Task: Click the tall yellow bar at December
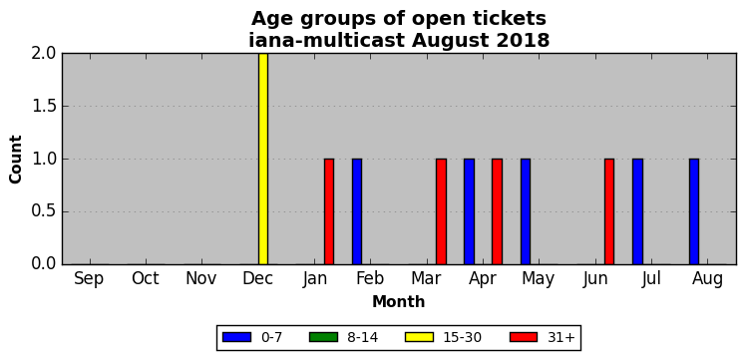263,159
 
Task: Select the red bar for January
329,211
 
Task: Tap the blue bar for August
694,211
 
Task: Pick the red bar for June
609,211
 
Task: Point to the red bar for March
441,211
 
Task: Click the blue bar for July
637,211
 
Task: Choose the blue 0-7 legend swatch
236,337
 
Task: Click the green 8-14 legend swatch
323,337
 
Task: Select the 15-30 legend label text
463,338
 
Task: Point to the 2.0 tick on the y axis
44,54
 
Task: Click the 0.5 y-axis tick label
44,211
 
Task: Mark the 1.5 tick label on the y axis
44,107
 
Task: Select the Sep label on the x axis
89,279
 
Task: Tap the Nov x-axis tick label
201,279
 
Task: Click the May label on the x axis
539,279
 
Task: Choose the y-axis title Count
16,160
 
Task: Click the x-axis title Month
399,301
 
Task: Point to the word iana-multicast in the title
327,40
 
